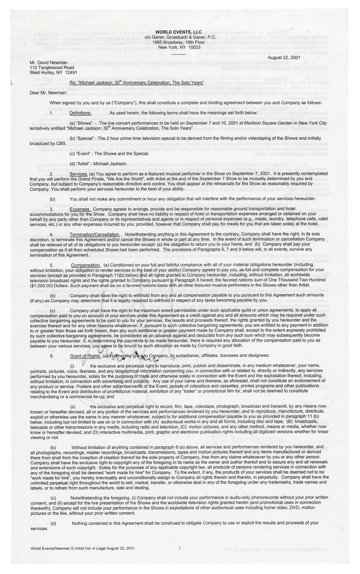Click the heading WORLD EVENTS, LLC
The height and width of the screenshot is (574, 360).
point(179,32)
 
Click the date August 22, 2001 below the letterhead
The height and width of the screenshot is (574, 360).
point(284,57)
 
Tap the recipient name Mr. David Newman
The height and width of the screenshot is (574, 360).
point(48,63)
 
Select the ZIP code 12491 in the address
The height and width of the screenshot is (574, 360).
point(71,73)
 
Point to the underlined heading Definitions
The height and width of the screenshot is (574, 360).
point(81,113)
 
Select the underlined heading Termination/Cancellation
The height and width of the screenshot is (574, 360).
point(95,234)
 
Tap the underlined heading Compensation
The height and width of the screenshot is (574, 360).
point(86,265)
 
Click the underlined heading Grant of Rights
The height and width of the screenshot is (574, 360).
point(85,356)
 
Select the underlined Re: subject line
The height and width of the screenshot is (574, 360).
point(137,83)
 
